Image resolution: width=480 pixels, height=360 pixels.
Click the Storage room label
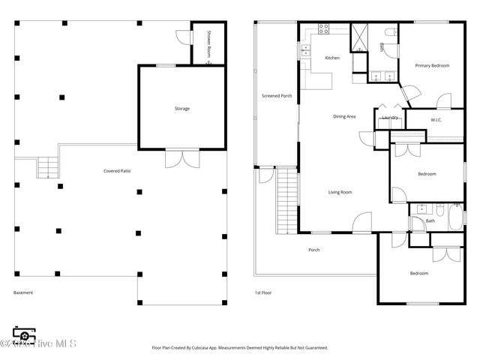tap(182, 109)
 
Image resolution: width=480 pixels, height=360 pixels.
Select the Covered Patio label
tap(117, 172)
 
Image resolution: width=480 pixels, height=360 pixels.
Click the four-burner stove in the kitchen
tap(324, 29)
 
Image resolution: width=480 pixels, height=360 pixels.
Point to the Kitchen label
tap(332, 58)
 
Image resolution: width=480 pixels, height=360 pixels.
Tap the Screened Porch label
tap(276, 96)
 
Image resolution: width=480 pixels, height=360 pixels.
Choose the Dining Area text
tap(344, 116)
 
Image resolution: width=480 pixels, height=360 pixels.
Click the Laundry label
tap(389, 118)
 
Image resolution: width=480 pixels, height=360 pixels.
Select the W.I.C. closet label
tap(436, 120)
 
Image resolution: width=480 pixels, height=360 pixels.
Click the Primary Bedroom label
tap(432, 66)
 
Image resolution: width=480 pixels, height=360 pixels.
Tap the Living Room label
tap(340, 192)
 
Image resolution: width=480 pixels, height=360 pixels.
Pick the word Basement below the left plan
tap(23, 292)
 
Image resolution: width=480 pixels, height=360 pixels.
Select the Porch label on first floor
tap(313, 250)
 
